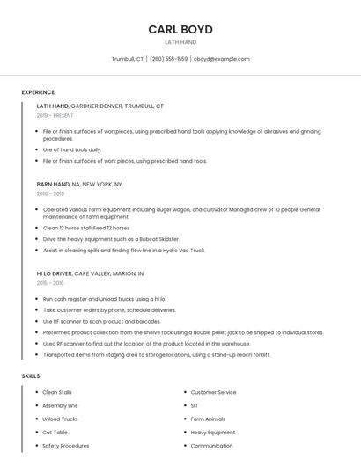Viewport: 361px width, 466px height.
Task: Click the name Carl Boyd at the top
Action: (180, 29)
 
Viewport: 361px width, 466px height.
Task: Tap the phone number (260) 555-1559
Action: (168, 59)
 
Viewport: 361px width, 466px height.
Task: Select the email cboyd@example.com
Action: (222, 59)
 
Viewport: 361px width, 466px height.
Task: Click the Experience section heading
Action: (38, 92)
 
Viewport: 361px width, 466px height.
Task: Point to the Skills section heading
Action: (31, 376)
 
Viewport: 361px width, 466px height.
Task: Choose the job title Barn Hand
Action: (53, 185)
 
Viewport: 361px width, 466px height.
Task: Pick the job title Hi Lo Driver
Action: (55, 273)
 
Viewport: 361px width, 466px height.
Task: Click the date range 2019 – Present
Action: (55, 115)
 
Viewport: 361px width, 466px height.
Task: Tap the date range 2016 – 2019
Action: (50, 193)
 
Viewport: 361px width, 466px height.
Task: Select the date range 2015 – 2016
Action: (50, 283)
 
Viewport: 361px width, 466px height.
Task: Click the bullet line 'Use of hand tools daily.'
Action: (72, 150)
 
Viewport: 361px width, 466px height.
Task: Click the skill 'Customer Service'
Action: (213, 392)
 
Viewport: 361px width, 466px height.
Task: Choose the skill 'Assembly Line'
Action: (60, 406)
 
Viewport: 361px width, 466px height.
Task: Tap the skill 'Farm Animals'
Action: (208, 419)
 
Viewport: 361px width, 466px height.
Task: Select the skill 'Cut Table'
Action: (55, 433)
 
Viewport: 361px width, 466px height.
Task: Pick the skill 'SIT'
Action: (195, 406)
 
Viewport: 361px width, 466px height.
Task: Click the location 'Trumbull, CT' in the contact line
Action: (128, 59)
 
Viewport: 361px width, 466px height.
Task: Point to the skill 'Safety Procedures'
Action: (65, 446)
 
